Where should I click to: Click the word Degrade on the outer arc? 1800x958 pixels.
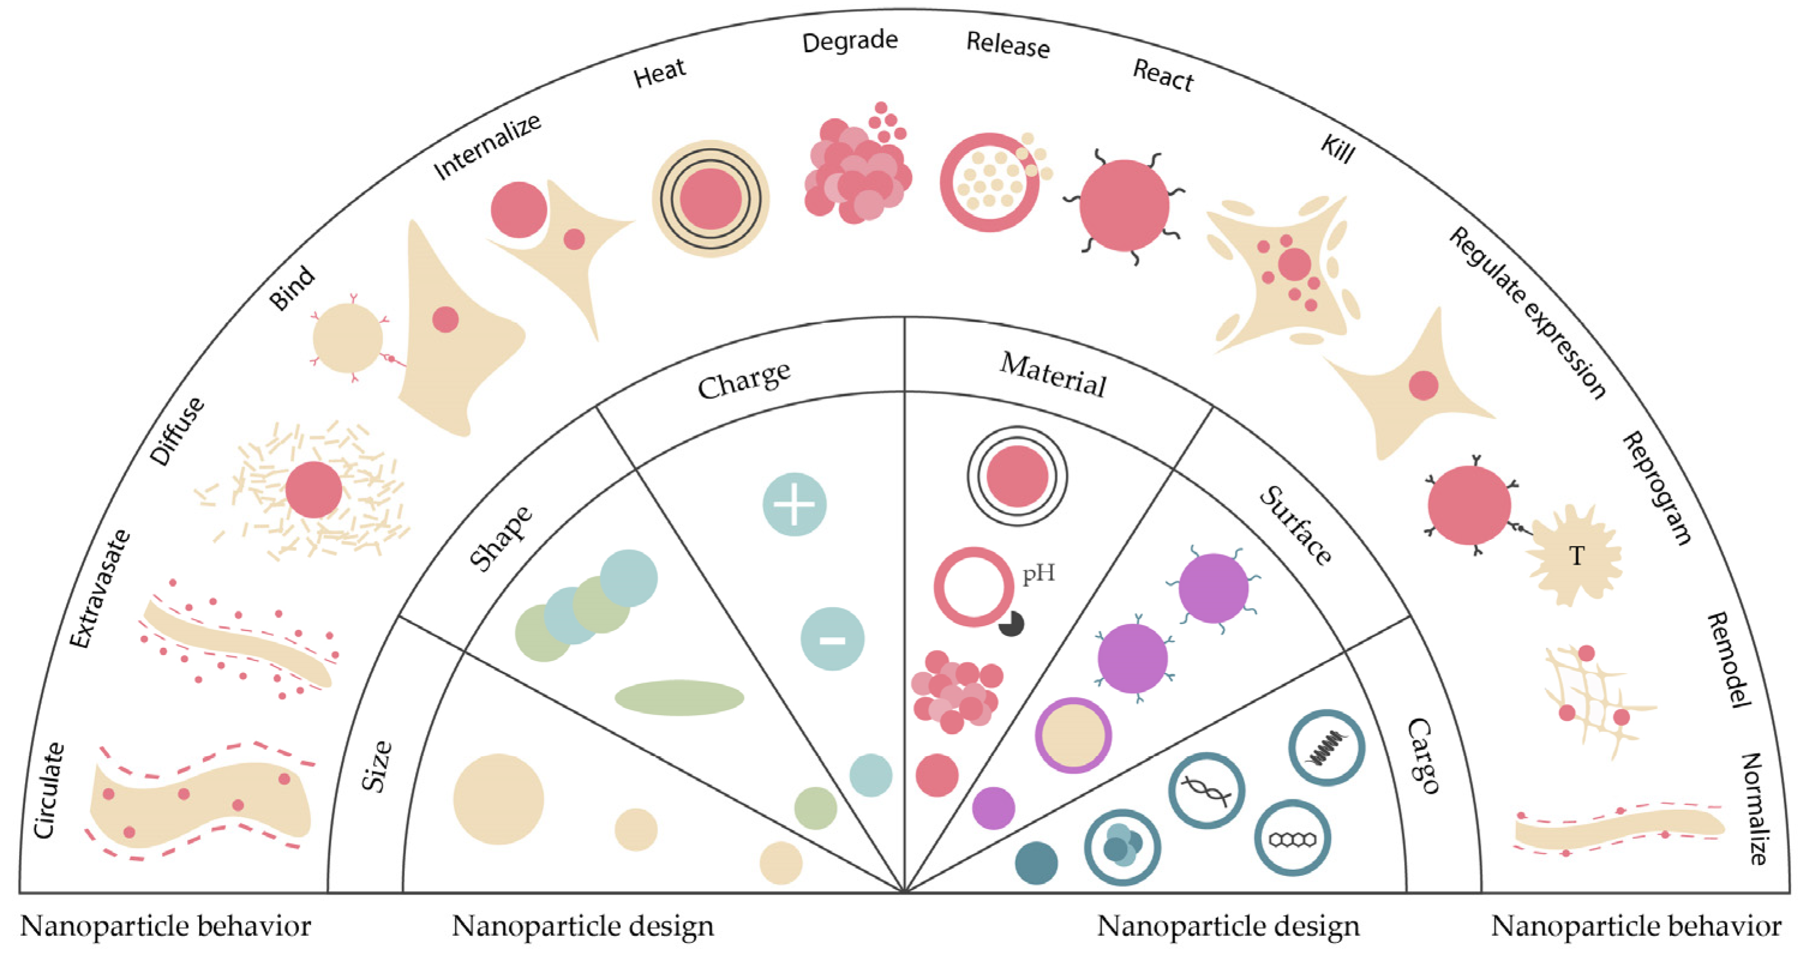click(x=850, y=41)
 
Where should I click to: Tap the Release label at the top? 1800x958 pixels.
click(x=1007, y=45)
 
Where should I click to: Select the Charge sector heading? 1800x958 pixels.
click(x=744, y=380)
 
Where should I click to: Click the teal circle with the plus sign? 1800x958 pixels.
click(x=794, y=504)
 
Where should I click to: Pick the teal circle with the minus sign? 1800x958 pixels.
click(x=832, y=639)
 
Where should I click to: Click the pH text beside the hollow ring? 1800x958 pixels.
click(x=1039, y=573)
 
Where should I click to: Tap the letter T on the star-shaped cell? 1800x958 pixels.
click(x=1576, y=556)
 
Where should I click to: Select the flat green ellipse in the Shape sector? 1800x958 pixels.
click(x=679, y=698)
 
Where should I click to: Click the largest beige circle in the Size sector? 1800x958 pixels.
click(x=498, y=798)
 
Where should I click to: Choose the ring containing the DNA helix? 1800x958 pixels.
click(x=1207, y=790)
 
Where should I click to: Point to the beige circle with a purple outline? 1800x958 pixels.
click(x=1073, y=735)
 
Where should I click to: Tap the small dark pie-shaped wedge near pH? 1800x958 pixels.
click(x=1012, y=624)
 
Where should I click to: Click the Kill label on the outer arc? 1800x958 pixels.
click(x=1337, y=149)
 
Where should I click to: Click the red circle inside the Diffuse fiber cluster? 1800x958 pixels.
click(x=314, y=489)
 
